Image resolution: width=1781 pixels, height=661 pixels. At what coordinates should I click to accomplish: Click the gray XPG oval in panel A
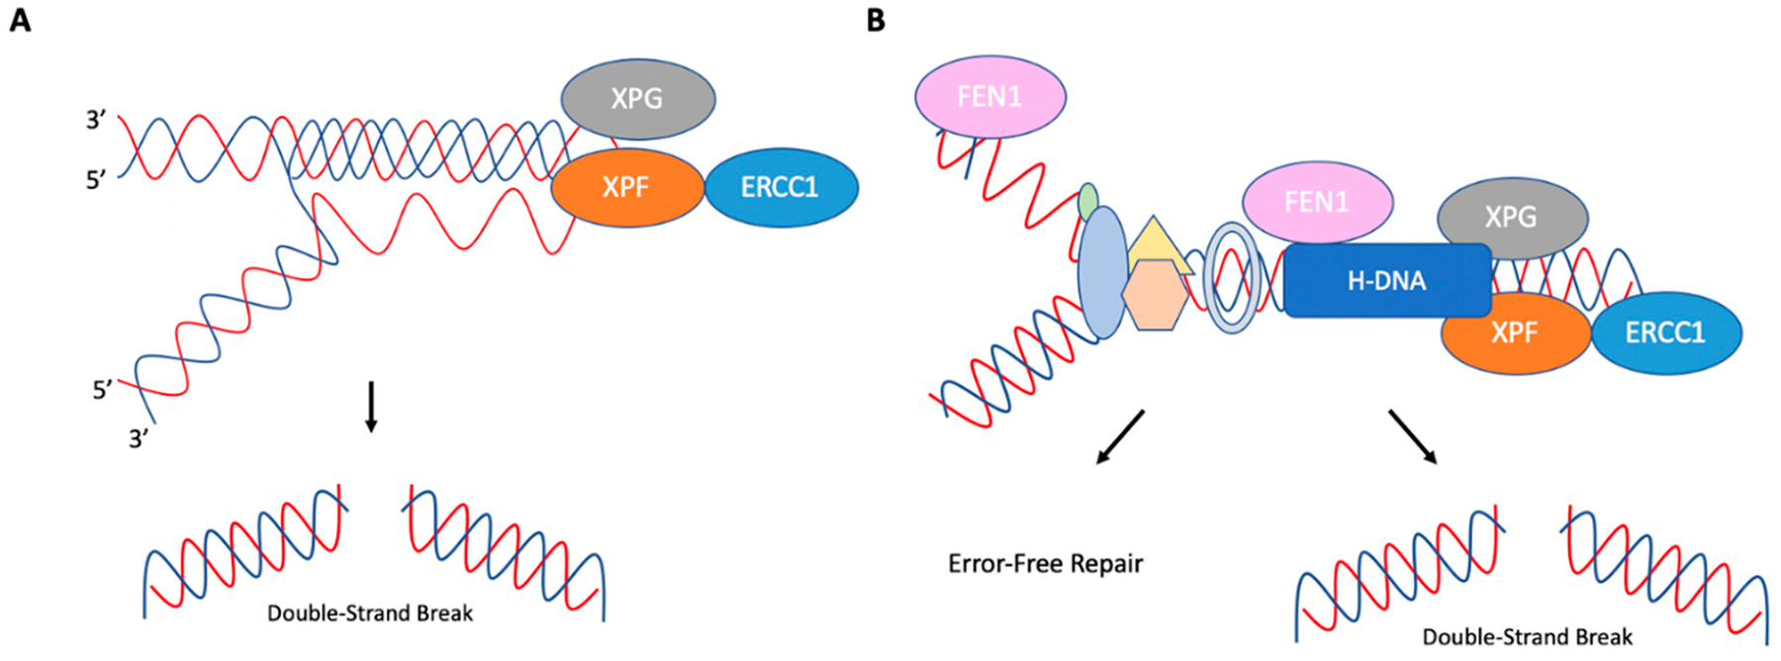point(638,98)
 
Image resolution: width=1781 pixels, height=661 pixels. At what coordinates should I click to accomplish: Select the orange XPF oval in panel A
point(627,187)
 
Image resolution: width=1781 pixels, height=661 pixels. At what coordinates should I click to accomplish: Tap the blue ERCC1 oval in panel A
point(781,187)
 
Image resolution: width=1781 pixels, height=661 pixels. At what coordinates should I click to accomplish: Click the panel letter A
point(20,20)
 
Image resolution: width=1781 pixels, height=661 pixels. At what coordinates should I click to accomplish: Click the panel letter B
point(876,20)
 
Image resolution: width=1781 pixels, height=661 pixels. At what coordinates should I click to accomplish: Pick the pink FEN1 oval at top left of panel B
point(990,96)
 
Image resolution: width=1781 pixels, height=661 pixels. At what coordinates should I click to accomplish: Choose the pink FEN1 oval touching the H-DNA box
point(1317,203)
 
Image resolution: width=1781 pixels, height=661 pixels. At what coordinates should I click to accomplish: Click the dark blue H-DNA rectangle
point(1387,281)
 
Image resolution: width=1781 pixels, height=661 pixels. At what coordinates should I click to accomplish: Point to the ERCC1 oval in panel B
point(1666,332)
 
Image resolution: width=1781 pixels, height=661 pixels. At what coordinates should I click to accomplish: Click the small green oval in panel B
point(1088,202)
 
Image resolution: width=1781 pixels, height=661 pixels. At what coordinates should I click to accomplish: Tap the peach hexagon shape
point(1155,294)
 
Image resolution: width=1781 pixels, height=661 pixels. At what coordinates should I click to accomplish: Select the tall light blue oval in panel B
point(1102,273)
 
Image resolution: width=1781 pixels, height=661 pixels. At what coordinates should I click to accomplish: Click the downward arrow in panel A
point(371,407)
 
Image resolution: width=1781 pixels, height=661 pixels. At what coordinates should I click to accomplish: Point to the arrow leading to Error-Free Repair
point(1120,436)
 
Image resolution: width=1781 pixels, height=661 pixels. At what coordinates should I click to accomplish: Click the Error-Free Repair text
point(1045,564)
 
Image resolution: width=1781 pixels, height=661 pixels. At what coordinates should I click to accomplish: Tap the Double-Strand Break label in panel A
point(370,614)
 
